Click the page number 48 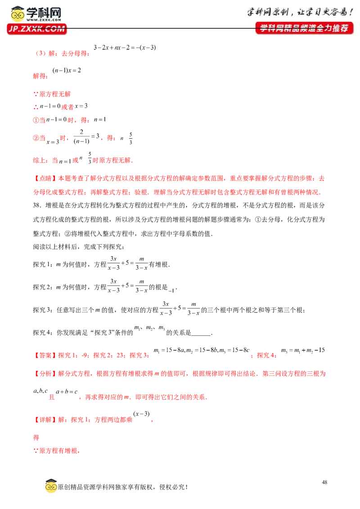(x=324, y=482)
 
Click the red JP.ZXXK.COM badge (x=37, y=29)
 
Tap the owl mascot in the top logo (x=18, y=14)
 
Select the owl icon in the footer (x=51, y=486)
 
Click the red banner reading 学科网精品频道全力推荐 (x=304, y=28)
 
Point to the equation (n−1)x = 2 (x=67, y=70)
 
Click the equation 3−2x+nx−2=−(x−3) (x=125, y=47)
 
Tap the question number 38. (x=37, y=205)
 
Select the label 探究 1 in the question (x=43, y=264)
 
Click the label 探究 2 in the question (x=43, y=287)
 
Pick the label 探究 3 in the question (x=43, y=310)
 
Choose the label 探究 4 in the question (x=43, y=332)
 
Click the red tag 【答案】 (x=45, y=355)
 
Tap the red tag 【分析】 (x=45, y=374)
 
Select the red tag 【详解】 (x=45, y=420)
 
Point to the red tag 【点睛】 (x=45, y=178)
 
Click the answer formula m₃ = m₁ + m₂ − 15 (x=303, y=350)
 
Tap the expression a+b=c (x=67, y=392)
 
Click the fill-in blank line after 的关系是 (x=201, y=335)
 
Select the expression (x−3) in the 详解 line (x=141, y=414)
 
